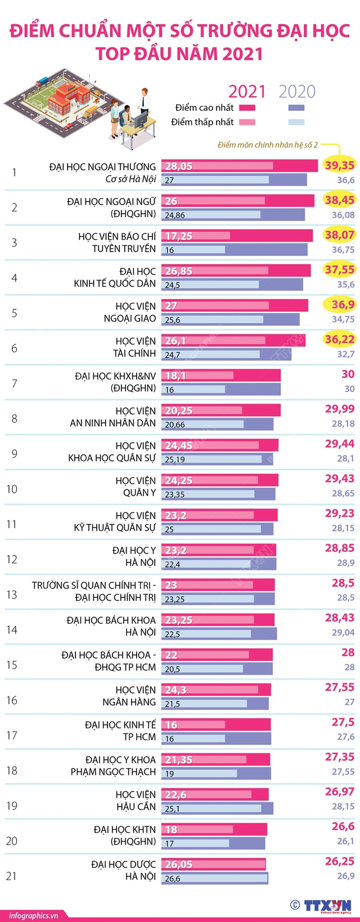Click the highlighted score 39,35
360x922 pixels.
click(339, 165)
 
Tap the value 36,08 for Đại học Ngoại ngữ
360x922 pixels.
click(343, 215)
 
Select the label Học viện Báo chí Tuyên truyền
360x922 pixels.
click(117, 242)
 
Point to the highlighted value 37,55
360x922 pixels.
click(339, 269)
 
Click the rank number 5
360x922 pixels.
click(14, 313)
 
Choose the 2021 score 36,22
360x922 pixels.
click(339, 339)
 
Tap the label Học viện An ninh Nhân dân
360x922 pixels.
click(113, 417)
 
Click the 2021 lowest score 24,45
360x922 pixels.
click(178, 446)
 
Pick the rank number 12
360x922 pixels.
click(12, 559)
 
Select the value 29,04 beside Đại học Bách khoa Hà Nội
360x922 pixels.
click(343, 632)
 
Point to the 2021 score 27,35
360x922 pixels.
click(339, 757)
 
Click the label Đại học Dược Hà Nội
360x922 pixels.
click(124, 870)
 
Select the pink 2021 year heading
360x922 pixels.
click(247, 92)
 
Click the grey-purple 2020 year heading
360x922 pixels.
click(297, 92)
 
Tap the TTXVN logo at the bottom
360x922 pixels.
click(327, 905)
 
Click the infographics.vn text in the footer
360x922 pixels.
click(34, 915)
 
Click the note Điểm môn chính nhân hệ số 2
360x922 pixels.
click(268, 145)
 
